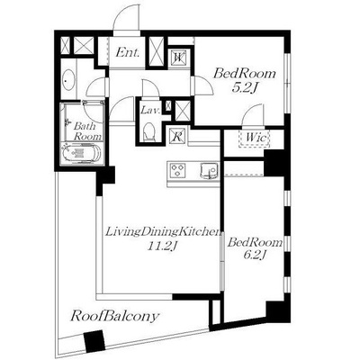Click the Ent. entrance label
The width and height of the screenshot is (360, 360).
[128, 53]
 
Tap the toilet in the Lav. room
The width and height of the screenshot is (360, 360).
[149, 131]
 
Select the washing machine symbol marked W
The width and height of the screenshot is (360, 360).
[179, 58]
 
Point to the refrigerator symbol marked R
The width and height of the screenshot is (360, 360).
[177, 136]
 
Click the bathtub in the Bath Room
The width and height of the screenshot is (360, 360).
[82, 153]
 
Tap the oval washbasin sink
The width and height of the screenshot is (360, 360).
[67, 80]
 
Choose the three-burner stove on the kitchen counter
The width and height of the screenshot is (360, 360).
[177, 170]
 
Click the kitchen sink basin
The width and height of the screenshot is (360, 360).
[208, 170]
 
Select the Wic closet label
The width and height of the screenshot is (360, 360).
[256, 138]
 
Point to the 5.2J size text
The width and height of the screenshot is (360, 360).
[245, 87]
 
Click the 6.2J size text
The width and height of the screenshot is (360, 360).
[255, 255]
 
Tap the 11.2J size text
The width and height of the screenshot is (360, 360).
[160, 246]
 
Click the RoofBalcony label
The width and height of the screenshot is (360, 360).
[114, 317]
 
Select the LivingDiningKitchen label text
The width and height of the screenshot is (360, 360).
[163, 232]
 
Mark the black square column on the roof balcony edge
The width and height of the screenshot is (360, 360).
[94, 341]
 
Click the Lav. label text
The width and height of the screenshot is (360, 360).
[150, 111]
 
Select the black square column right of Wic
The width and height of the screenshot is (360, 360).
[274, 163]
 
